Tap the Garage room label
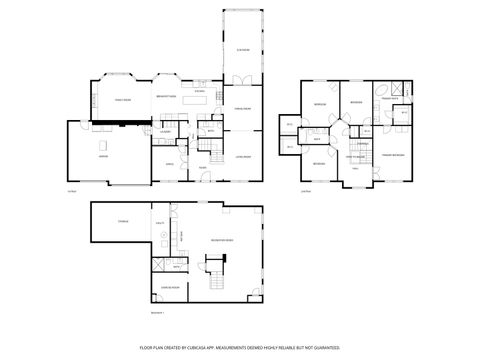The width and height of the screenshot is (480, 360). click(x=104, y=157)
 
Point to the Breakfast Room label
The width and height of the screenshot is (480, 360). click(x=166, y=97)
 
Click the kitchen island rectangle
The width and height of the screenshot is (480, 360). click(x=200, y=99)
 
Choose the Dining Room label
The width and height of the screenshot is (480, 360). click(x=242, y=108)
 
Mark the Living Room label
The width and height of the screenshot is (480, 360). click(x=242, y=157)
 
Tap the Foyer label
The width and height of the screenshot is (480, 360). click(x=202, y=167)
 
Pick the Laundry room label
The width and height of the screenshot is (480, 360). click(x=165, y=131)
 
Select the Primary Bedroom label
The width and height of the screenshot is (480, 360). click(x=391, y=156)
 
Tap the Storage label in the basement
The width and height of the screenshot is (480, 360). click(x=123, y=221)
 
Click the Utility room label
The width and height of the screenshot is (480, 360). click(x=161, y=221)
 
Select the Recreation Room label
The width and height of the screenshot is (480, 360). click(x=222, y=241)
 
